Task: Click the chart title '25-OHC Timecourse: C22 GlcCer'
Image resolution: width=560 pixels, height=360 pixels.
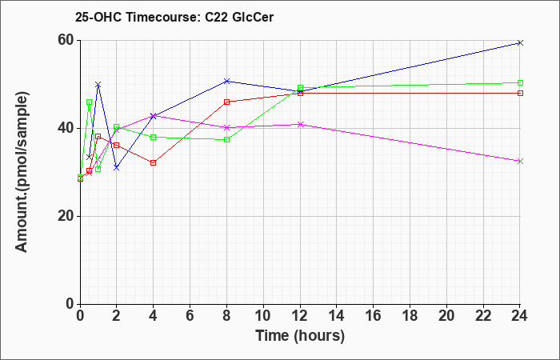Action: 174,17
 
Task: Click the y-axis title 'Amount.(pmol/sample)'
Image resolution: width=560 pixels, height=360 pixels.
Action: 22,172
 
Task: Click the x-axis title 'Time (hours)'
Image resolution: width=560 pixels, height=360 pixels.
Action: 300,336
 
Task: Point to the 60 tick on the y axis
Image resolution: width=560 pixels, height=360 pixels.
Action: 68,41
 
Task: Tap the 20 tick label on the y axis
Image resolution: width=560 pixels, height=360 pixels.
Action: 68,217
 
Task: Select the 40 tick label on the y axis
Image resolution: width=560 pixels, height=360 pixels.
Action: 68,129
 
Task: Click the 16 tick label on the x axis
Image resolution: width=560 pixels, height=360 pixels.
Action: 374,316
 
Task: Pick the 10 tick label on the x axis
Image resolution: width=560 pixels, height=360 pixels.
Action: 263,316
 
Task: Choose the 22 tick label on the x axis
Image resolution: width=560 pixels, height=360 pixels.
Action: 483,316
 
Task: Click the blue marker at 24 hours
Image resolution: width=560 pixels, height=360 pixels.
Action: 520,43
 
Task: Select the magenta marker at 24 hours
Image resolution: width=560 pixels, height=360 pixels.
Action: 520,161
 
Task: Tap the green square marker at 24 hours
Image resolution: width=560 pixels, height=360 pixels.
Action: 520,83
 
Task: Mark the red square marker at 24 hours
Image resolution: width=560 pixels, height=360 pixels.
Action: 520,94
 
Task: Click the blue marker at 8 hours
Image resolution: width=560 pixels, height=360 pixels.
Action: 226,81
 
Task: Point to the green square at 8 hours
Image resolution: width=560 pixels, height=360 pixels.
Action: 226,140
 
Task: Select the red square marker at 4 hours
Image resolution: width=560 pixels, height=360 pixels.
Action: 154,163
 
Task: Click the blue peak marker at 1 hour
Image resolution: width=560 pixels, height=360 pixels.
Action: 98,85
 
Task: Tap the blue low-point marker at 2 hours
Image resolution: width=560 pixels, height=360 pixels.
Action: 117,167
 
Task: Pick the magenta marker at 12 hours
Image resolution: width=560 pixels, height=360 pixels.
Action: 300,124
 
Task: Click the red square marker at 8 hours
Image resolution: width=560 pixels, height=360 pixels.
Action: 226,102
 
